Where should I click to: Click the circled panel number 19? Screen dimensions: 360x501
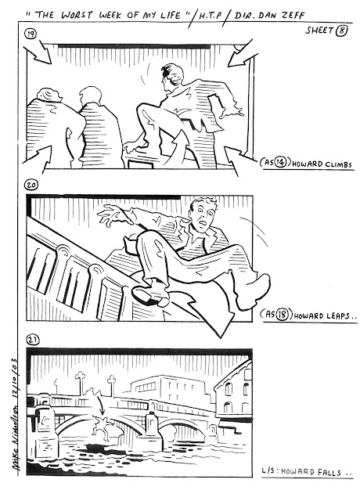(x=31, y=34)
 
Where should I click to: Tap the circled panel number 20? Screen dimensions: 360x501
(x=31, y=185)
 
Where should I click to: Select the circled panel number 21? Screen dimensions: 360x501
(x=33, y=340)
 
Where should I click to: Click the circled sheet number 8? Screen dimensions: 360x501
(x=341, y=31)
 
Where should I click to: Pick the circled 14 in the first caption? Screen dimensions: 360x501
(x=280, y=163)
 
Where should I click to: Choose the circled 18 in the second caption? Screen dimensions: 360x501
(x=282, y=315)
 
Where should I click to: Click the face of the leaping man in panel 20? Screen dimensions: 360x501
(x=202, y=214)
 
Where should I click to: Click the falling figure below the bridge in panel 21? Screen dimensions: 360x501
(x=102, y=424)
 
